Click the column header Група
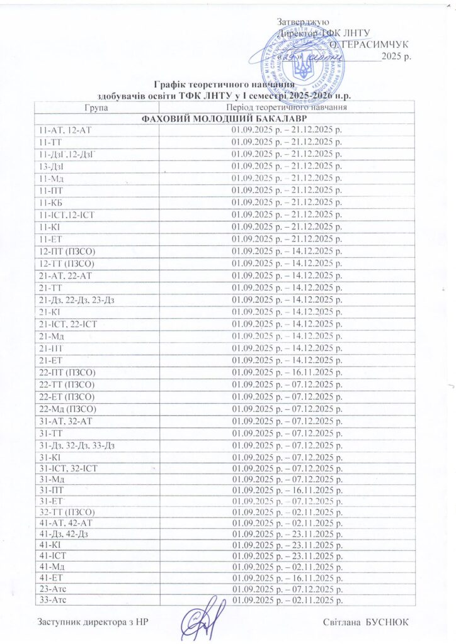tap(95, 108)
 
